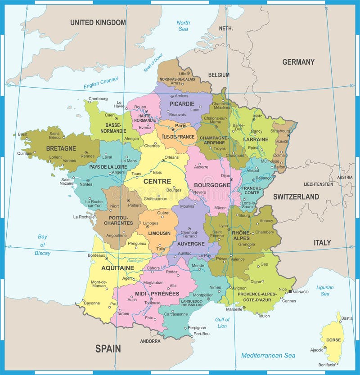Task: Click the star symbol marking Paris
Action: pyautogui.click(x=173, y=129)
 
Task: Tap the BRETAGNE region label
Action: pyautogui.click(x=61, y=147)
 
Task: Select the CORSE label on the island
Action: pyautogui.click(x=333, y=340)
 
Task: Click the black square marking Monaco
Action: pyautogui.click(x=290, y=292)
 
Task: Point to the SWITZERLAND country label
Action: pyautogui.click(x=296, y=196)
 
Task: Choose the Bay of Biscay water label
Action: pyautogui.click(x=43, y=245)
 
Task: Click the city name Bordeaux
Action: pyautogui.click(x=96, y=255)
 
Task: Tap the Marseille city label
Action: pyautogui.click(x=234, y=309)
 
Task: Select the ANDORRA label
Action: pyautogui.click(x=150, y=341)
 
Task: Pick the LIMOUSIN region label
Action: pyautogui.click(x=159, y=233)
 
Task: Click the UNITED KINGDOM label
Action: pyautogui.click(x=98, y=22)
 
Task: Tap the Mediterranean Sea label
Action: pyautogui.click(x=268, y=355)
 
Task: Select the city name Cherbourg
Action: pyautogui.click(x=98, y=98)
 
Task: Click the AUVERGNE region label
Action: pyautogui.click(x=191, y=244)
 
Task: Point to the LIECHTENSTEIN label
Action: pyautogui.click(x=318, y=184)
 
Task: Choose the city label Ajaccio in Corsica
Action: pyautogui.click(x=316, y=349)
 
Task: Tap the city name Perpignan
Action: pyautogui.click(x=197, y=327)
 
